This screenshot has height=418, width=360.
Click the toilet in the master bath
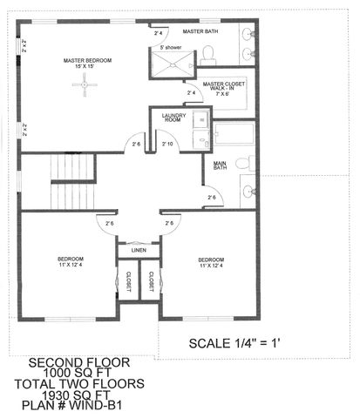point(209,55)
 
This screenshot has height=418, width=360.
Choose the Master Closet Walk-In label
point(223,90)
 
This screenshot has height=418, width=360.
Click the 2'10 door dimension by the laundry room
point(168,144)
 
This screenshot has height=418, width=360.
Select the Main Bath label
point(220,167)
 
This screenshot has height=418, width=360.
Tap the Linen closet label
point(139,252)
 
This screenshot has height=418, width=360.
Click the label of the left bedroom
point(70,262)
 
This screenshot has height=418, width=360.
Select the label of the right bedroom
point(211,262)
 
